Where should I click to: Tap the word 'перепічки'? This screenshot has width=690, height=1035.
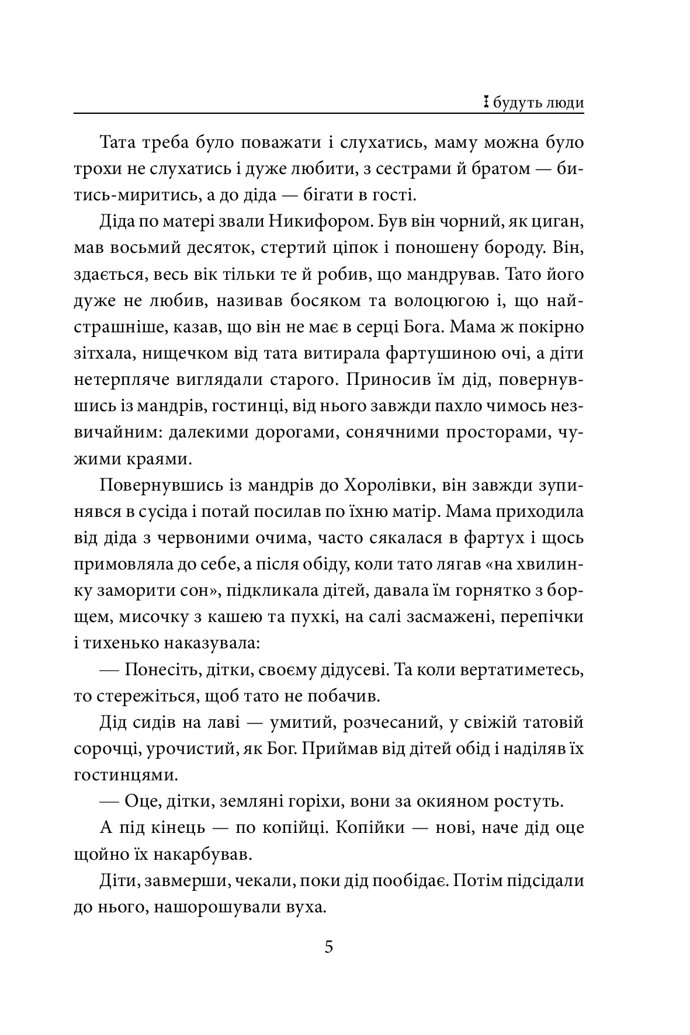pos(540,617)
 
